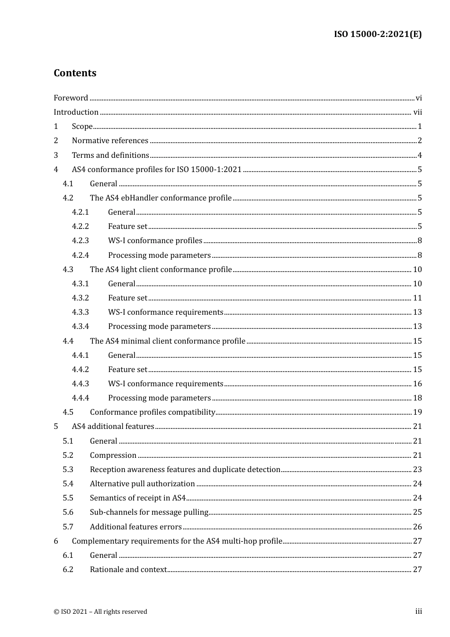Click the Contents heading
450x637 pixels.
click(75, 73)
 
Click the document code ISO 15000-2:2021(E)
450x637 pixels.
click(378, 34)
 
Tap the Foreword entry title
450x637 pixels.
click(71, 98)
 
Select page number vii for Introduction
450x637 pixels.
click(417, 112)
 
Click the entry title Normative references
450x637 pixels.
click(110, 141)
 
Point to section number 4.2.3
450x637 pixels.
click(80, 241)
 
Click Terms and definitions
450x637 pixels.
click(110, 155)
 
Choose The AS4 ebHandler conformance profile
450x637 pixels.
click(161, 198)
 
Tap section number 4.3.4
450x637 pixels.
click(80, 327)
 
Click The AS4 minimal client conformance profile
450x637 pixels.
click(167, 341)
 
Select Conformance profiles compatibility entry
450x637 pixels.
click(153, 412)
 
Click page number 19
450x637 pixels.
click(417, 412)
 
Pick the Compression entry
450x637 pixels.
click(113, 455)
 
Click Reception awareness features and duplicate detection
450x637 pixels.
click(185, 469)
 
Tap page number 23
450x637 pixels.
click(417, 469)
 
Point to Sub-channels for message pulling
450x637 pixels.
click(149, 512)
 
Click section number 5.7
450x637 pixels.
click(68, 527)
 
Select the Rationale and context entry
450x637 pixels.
click(128, 569)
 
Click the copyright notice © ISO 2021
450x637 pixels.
click(100, 611)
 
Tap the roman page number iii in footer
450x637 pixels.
click(419, 611)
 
